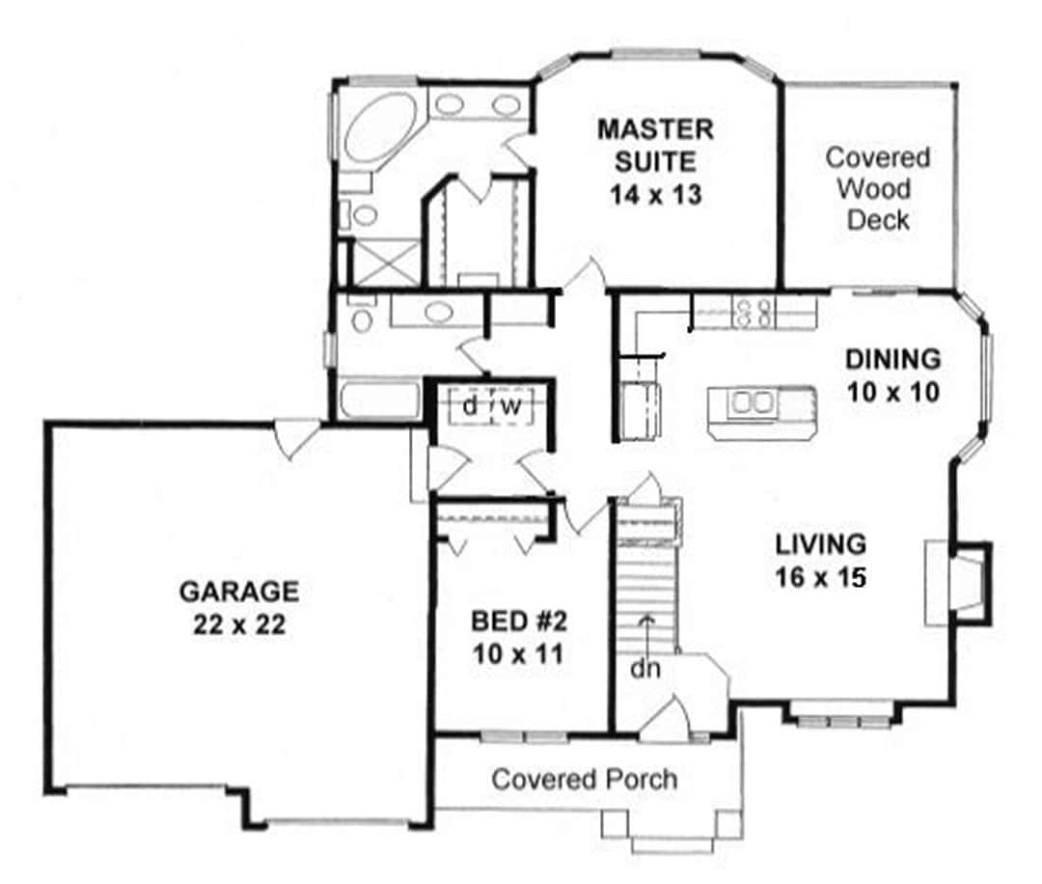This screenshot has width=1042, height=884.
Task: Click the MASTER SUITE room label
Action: click(655, 160)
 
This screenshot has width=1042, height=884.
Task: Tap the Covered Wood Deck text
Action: click(877, 188)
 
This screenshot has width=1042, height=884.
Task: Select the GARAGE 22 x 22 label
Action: click(238, 607)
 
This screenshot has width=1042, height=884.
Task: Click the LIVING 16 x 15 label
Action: click(821, 560)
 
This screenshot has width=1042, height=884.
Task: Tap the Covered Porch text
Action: click(585, 779)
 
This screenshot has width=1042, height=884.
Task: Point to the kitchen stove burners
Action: click(754, 311)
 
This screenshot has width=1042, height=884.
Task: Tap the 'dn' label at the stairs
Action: click(647, 668)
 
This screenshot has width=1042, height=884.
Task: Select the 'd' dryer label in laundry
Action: click(469, 407)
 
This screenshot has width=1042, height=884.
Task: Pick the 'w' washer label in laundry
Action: click(510, 407)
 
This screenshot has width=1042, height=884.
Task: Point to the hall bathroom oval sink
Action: click(439, 314)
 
